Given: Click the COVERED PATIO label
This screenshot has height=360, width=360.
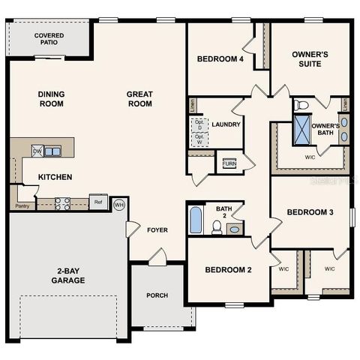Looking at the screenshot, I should coord(49,39).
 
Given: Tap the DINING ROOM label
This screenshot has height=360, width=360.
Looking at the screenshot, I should coord(51,99).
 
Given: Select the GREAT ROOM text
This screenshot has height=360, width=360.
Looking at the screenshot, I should coord(139,99).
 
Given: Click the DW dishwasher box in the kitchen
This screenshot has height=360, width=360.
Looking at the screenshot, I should coord(37,151).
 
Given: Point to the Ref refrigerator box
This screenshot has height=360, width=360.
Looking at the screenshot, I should coord(97,201).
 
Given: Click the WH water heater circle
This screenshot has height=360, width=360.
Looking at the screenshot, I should coord(118,204).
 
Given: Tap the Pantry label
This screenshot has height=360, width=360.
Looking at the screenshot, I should coord(22,205).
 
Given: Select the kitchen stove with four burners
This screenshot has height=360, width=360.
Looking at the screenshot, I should coord(62,202).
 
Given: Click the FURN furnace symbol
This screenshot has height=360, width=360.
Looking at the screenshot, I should coord(229,163).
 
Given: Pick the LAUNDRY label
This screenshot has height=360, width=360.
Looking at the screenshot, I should coord(225,124).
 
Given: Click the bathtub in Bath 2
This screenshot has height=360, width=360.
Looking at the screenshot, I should coord(195,220).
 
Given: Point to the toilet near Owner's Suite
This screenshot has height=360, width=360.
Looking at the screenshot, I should coord(301,104).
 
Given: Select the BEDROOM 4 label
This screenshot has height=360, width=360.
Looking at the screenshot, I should coord(220,58).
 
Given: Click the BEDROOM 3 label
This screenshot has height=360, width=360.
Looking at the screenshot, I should coord(310,212).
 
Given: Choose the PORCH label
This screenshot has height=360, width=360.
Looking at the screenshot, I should coord(157,295).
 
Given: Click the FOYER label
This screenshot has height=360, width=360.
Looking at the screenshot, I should coord(157,229).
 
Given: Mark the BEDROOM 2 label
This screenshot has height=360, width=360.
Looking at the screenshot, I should coord(227,269).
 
